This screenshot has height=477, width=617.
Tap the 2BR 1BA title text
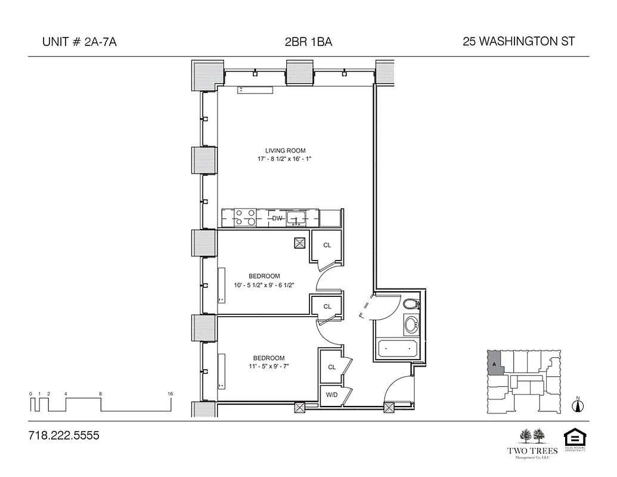[x=308, y=42]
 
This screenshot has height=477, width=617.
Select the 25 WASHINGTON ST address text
[x=518, y=42]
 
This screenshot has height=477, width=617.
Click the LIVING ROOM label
[x=285, y=151]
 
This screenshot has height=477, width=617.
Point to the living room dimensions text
[x=286, y=160]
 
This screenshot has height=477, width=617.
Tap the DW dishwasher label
[x=277, y=218]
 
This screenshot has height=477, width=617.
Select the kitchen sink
[x=296, y=218]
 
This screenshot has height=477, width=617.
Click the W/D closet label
[x=330, y=395]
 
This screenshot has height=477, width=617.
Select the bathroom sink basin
[x=411, y=326]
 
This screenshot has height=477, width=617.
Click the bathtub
[x=398, y=348]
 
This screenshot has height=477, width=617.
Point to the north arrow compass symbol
[x=576, y=405]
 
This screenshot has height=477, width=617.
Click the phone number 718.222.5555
[x=63, y=436]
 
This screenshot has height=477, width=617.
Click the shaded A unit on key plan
[x=495, y=363]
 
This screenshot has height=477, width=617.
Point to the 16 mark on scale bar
[x=170, y=394]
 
